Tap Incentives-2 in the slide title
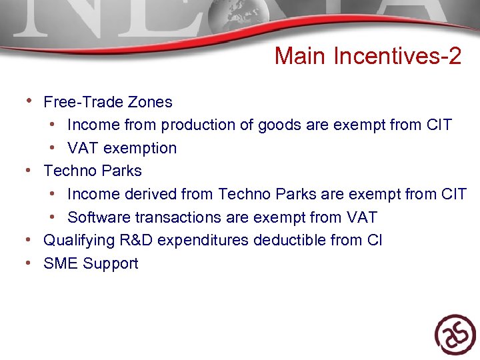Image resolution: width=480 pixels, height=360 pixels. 397,57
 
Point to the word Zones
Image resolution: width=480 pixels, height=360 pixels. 153,102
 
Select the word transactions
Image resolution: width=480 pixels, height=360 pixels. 173,217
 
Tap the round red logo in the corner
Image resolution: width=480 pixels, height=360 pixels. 455,334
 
